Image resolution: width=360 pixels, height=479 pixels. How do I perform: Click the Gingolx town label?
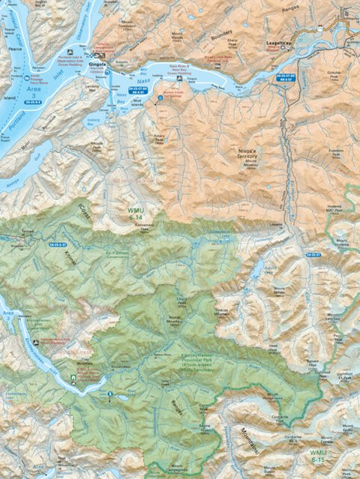(98, 64)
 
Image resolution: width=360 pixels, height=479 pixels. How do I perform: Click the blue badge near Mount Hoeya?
(313, 255)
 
